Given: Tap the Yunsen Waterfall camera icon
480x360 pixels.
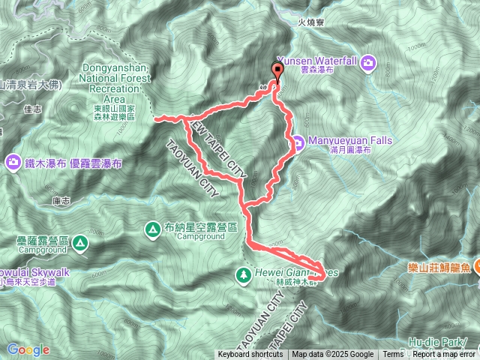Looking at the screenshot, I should tap(368, 61).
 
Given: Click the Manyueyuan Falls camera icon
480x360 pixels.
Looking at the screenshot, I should tap(297, 140).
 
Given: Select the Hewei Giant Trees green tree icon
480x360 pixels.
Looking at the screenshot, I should tap(244, 274).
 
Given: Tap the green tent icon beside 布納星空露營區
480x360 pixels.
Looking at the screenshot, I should tap(152, 227).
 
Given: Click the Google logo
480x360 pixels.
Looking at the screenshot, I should tap(28, 349).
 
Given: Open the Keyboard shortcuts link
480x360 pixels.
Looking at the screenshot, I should tap(250, 355).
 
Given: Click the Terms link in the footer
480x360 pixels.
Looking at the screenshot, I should tap(393, 355).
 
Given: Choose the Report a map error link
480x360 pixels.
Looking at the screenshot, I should tap(444, 355).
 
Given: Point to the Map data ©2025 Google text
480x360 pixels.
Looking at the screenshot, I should tap(333, 355).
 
